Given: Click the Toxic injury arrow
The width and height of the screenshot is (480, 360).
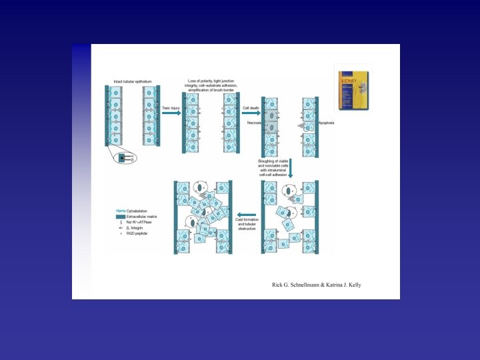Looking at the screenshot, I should click(171, 113).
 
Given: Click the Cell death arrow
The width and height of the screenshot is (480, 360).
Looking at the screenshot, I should click(251, 113).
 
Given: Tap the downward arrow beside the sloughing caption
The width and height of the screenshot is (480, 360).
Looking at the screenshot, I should click(290, 171).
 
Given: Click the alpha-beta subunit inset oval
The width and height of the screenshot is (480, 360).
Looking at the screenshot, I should click(124, 158).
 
